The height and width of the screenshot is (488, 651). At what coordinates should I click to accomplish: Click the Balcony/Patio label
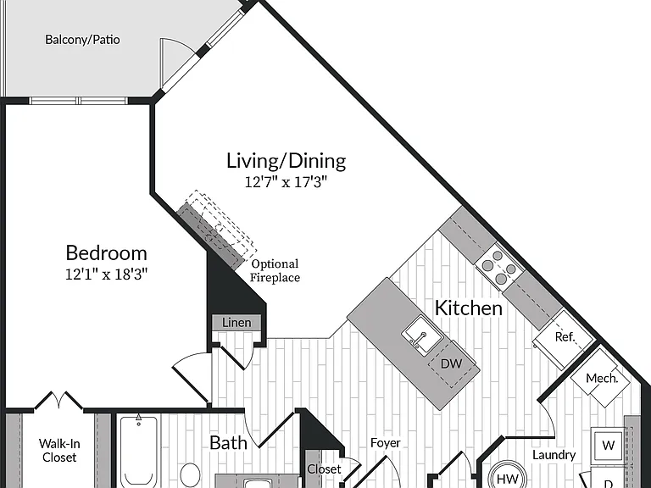tap(82, 40)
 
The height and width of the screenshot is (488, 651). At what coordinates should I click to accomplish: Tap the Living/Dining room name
tap(286, 161)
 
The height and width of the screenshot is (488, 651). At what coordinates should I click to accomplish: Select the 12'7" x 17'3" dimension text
tap(286, 182)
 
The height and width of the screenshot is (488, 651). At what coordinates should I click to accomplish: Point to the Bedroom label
tap(106, 252)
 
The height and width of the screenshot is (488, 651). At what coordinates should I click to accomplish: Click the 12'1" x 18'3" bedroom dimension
tap(106, 274)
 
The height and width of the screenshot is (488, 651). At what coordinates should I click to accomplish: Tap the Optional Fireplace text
tap(275, 270)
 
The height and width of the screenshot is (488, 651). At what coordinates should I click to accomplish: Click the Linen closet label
tap(236, 323)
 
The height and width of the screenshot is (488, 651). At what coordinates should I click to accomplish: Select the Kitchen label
tap(468, 308)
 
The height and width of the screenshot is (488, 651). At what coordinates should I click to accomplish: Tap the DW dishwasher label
tap(451, 363)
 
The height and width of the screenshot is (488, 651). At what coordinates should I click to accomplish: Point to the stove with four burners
tap(500, 264)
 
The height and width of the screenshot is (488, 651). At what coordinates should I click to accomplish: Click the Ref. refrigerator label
tap(565, 336)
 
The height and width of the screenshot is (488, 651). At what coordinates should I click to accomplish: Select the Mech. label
tap(602, 378)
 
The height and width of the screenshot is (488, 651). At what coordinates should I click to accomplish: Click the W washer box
tap(608, 445)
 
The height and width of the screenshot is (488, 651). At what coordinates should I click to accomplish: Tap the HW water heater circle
tap(508, 477)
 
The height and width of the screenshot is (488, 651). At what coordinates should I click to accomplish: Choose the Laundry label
tap(554, 455)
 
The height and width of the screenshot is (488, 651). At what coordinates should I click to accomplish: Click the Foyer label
tap(386, 443)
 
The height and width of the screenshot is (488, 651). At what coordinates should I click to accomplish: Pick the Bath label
tap(228, 443)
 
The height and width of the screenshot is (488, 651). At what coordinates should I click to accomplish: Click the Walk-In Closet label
tap(59, 451)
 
